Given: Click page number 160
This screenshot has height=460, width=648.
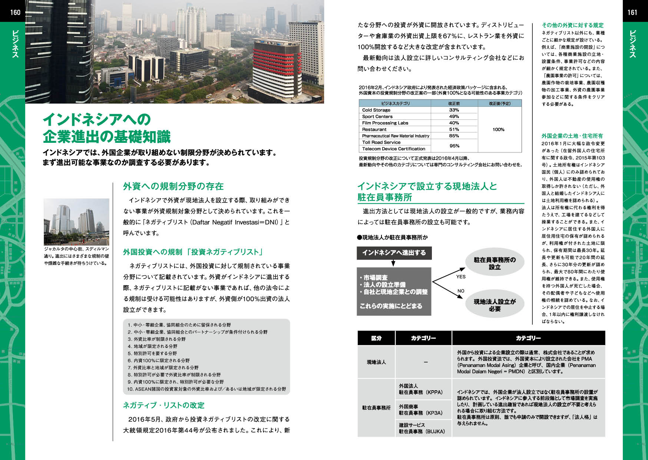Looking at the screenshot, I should [x=15, y=12].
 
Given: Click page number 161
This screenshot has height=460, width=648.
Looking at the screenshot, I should [x=632, y=12].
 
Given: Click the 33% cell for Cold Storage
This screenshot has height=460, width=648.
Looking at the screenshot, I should [x=454, y=110].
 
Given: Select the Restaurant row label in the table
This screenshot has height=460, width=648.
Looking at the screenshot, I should [x=374, y=129].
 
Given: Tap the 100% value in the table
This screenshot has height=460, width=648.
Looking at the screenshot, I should [x=499, y=129].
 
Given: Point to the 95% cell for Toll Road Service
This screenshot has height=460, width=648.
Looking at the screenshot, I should [x=454, y=146].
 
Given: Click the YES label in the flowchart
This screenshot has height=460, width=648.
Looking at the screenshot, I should [x=461, y=277].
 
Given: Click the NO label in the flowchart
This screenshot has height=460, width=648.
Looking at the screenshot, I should [x=461, y=291].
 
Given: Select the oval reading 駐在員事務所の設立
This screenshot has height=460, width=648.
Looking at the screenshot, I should [x=495, y=263].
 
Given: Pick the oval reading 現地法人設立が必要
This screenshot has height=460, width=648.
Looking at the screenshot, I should [x=495, y=305].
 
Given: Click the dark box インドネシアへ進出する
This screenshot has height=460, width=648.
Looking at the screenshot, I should [x=394, y=253].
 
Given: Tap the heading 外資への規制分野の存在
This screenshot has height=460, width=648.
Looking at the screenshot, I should [x=173, y=186].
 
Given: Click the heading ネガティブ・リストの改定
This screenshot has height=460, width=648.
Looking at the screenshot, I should [x=163, y=405].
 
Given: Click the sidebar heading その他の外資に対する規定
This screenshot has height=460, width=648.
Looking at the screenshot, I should [x=572, y=25].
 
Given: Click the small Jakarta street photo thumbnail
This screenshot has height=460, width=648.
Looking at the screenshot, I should [x=76, y=221].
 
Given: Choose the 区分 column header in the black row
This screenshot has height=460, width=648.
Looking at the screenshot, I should [x=376, y=338].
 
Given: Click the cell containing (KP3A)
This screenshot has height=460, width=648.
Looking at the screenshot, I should [x=423, y=410].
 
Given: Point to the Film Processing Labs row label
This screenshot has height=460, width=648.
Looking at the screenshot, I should [x=385, y=123].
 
